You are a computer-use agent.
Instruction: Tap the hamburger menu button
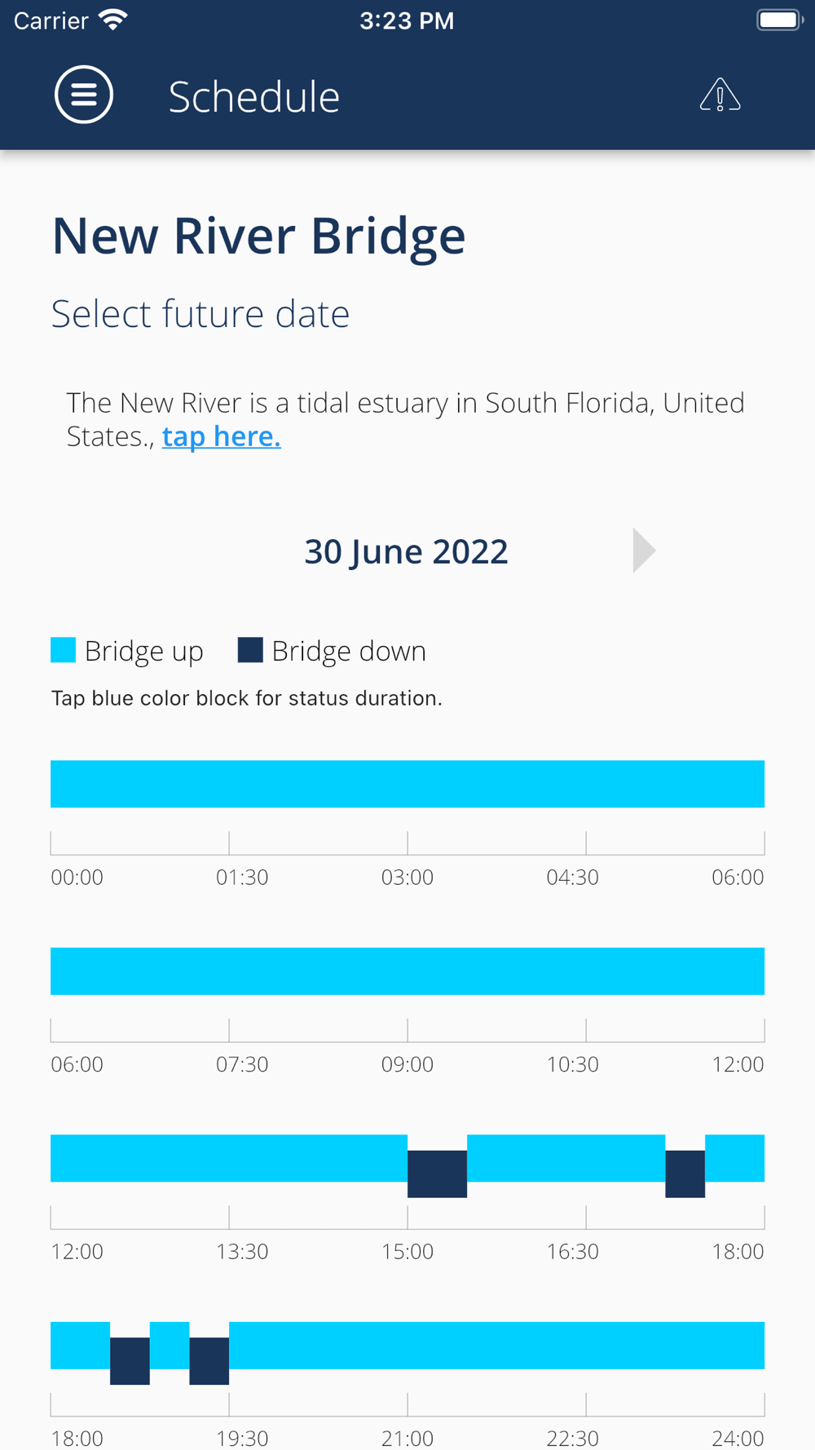(x=84, y=95)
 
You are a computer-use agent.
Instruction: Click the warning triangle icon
(x=720, y=95)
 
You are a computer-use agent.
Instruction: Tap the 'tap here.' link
(x=222, y=436)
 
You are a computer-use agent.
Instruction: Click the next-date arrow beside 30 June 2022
(x=643, y=550)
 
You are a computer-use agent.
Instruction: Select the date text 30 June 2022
(x=406, y=551)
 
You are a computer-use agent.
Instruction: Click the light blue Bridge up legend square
(x=64, y=650)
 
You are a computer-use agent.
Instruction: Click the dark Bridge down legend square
(x=250, y=650)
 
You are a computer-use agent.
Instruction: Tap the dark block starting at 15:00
(x=437, y=1174)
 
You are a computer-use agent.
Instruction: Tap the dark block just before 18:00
(x=685, y=1174)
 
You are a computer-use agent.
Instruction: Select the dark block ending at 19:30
(x=209, y=1360)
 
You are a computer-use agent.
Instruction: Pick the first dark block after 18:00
(x=130, y=1360)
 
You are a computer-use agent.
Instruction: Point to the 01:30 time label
(x=242, y=878)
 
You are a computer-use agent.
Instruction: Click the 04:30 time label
(x=572, y=878)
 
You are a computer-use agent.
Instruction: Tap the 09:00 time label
(x=407, y=1064)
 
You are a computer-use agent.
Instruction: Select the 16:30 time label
(x=572, y=1251)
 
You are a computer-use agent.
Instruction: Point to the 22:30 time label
(x=572, y=1437)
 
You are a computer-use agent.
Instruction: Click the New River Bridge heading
(x=258, y=237)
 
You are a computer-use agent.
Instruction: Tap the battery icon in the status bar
(x=779, y=20)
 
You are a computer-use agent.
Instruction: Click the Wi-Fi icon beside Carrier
(x=113, y=20)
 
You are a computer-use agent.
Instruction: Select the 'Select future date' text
(x=200, y=314)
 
